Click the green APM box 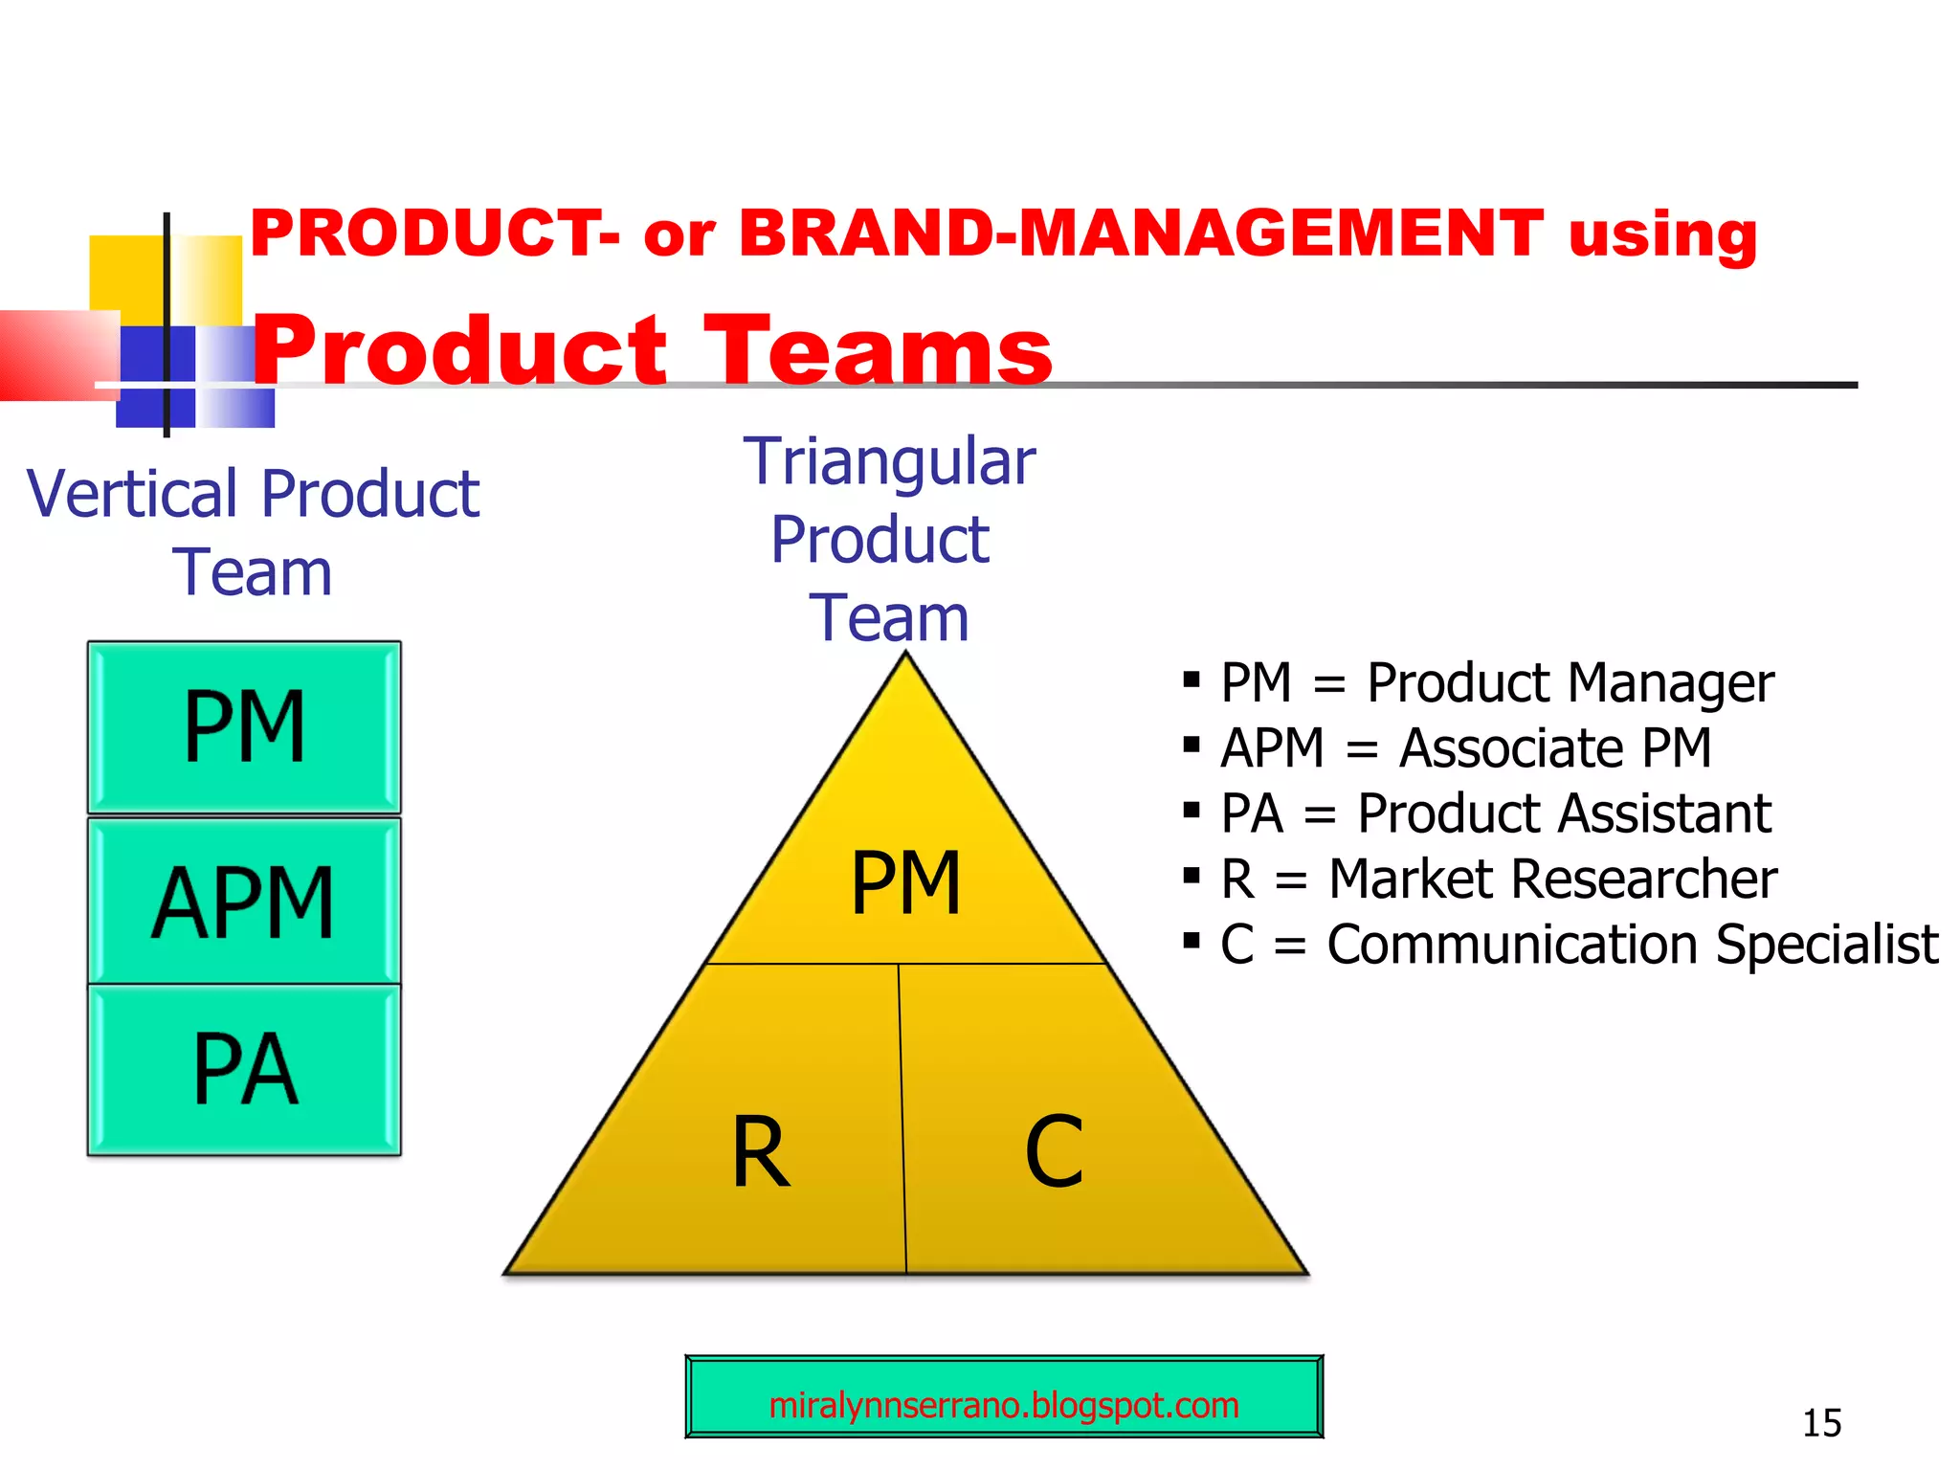244,901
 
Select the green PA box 244,1070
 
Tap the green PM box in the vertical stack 244,727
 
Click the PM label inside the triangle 905,883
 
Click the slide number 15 1821,1423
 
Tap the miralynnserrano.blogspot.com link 1003,1405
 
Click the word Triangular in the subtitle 890,462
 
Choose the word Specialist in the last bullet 1827,945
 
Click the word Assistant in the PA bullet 1663,813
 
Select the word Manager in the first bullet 1670,683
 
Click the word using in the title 1662,235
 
